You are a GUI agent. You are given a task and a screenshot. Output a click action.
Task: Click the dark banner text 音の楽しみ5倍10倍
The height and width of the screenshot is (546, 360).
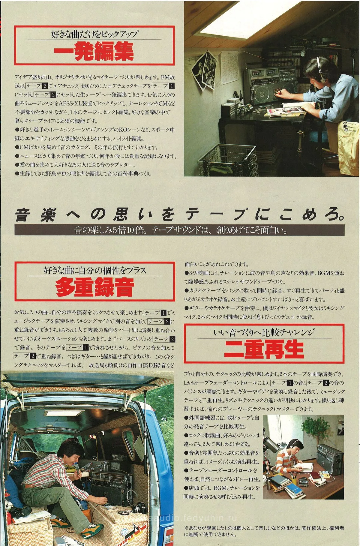coord(179,230)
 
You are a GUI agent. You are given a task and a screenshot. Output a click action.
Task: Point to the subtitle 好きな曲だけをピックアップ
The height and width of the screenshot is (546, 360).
coord(94,34)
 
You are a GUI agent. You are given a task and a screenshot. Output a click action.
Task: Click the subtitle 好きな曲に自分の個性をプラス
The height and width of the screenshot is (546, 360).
coord(94,270)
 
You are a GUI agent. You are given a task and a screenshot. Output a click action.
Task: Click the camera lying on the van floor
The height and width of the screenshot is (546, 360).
coord(141,507)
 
